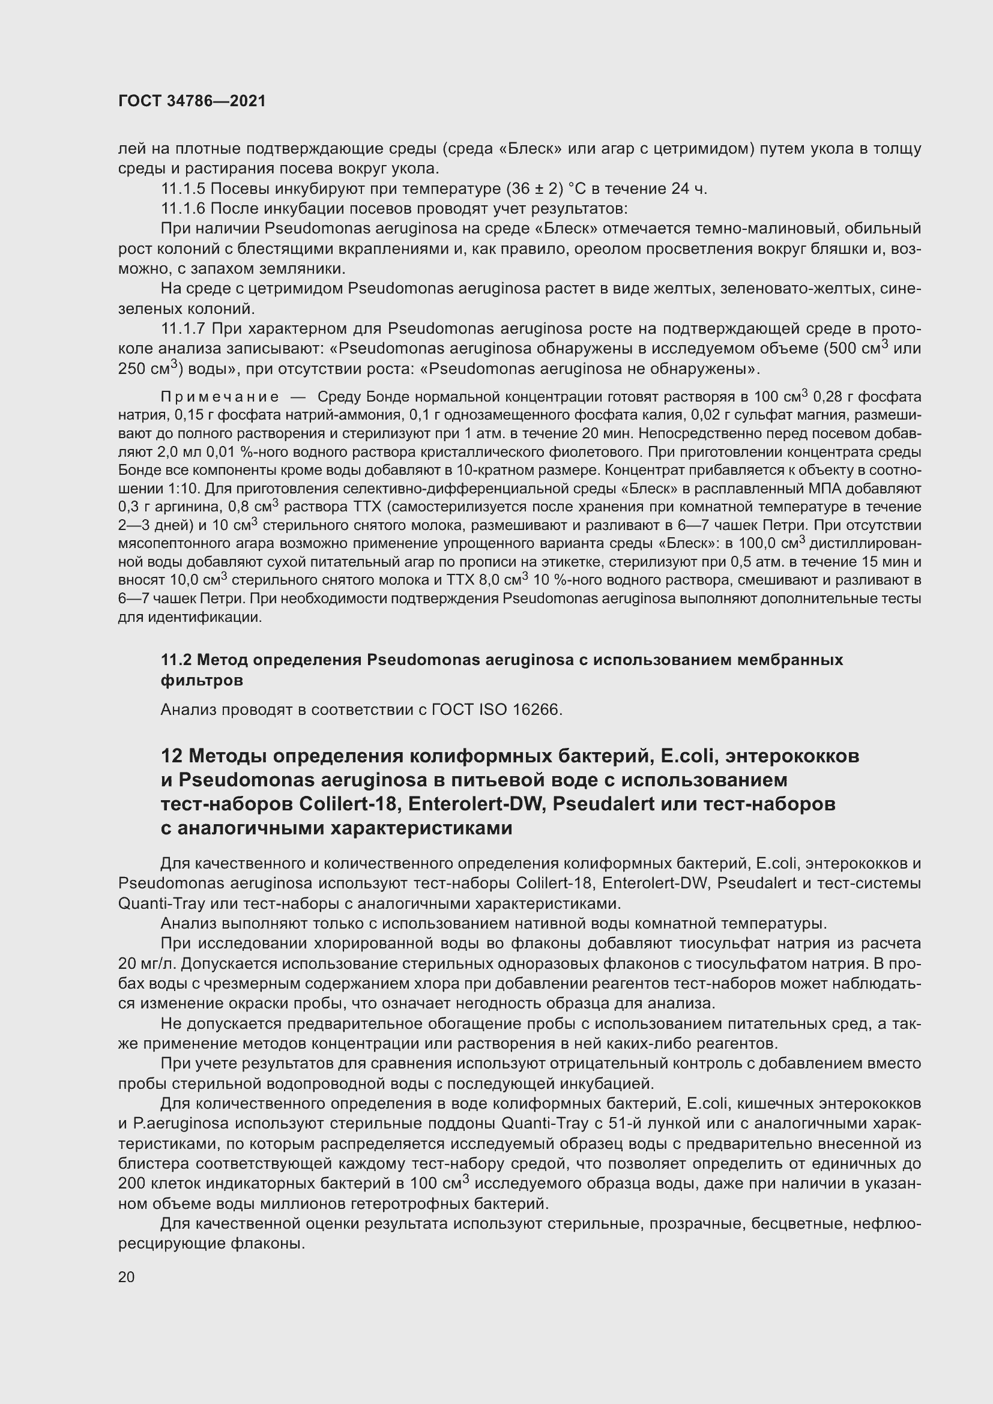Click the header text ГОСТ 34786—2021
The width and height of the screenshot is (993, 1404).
pyautogui.click(x=192, y=101)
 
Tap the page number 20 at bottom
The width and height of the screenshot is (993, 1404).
pyautogui.click(x=127, y=1277)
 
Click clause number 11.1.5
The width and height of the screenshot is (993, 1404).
pyautogui.click(x=184, y=189)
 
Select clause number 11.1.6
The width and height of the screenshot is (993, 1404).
pyautogui.click(x=184, y=209)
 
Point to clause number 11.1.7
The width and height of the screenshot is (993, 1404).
pyautogui.click(x=184, y=329)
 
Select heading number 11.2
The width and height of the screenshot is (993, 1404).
pyautogui.click(x=176, y=660)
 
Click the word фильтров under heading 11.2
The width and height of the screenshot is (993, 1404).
pyautogui.click(x=202, y=680)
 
